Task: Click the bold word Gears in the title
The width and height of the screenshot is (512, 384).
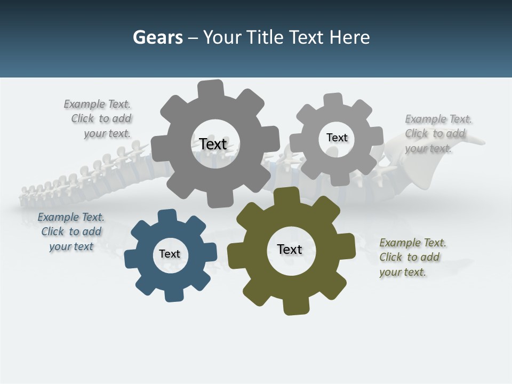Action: tap(157, 38)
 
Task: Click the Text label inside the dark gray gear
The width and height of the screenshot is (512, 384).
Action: tap(213, 144)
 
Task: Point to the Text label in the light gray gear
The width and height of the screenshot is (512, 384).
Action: tap(337, 138)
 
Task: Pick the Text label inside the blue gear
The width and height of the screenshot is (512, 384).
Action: tap(170, 254)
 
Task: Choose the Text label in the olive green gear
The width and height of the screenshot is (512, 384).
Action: tap(290, 249)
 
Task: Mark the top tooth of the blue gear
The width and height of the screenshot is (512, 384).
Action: tap(167, 215)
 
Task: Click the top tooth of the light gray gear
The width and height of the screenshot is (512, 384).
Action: tap(333, 99)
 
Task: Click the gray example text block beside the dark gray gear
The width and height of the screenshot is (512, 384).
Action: tap(99, 119)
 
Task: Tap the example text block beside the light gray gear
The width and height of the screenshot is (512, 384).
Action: tap(437, 134)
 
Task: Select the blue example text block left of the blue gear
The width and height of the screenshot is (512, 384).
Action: tap(71, 231)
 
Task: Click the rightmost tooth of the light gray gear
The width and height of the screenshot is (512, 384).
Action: tap(377, 135)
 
